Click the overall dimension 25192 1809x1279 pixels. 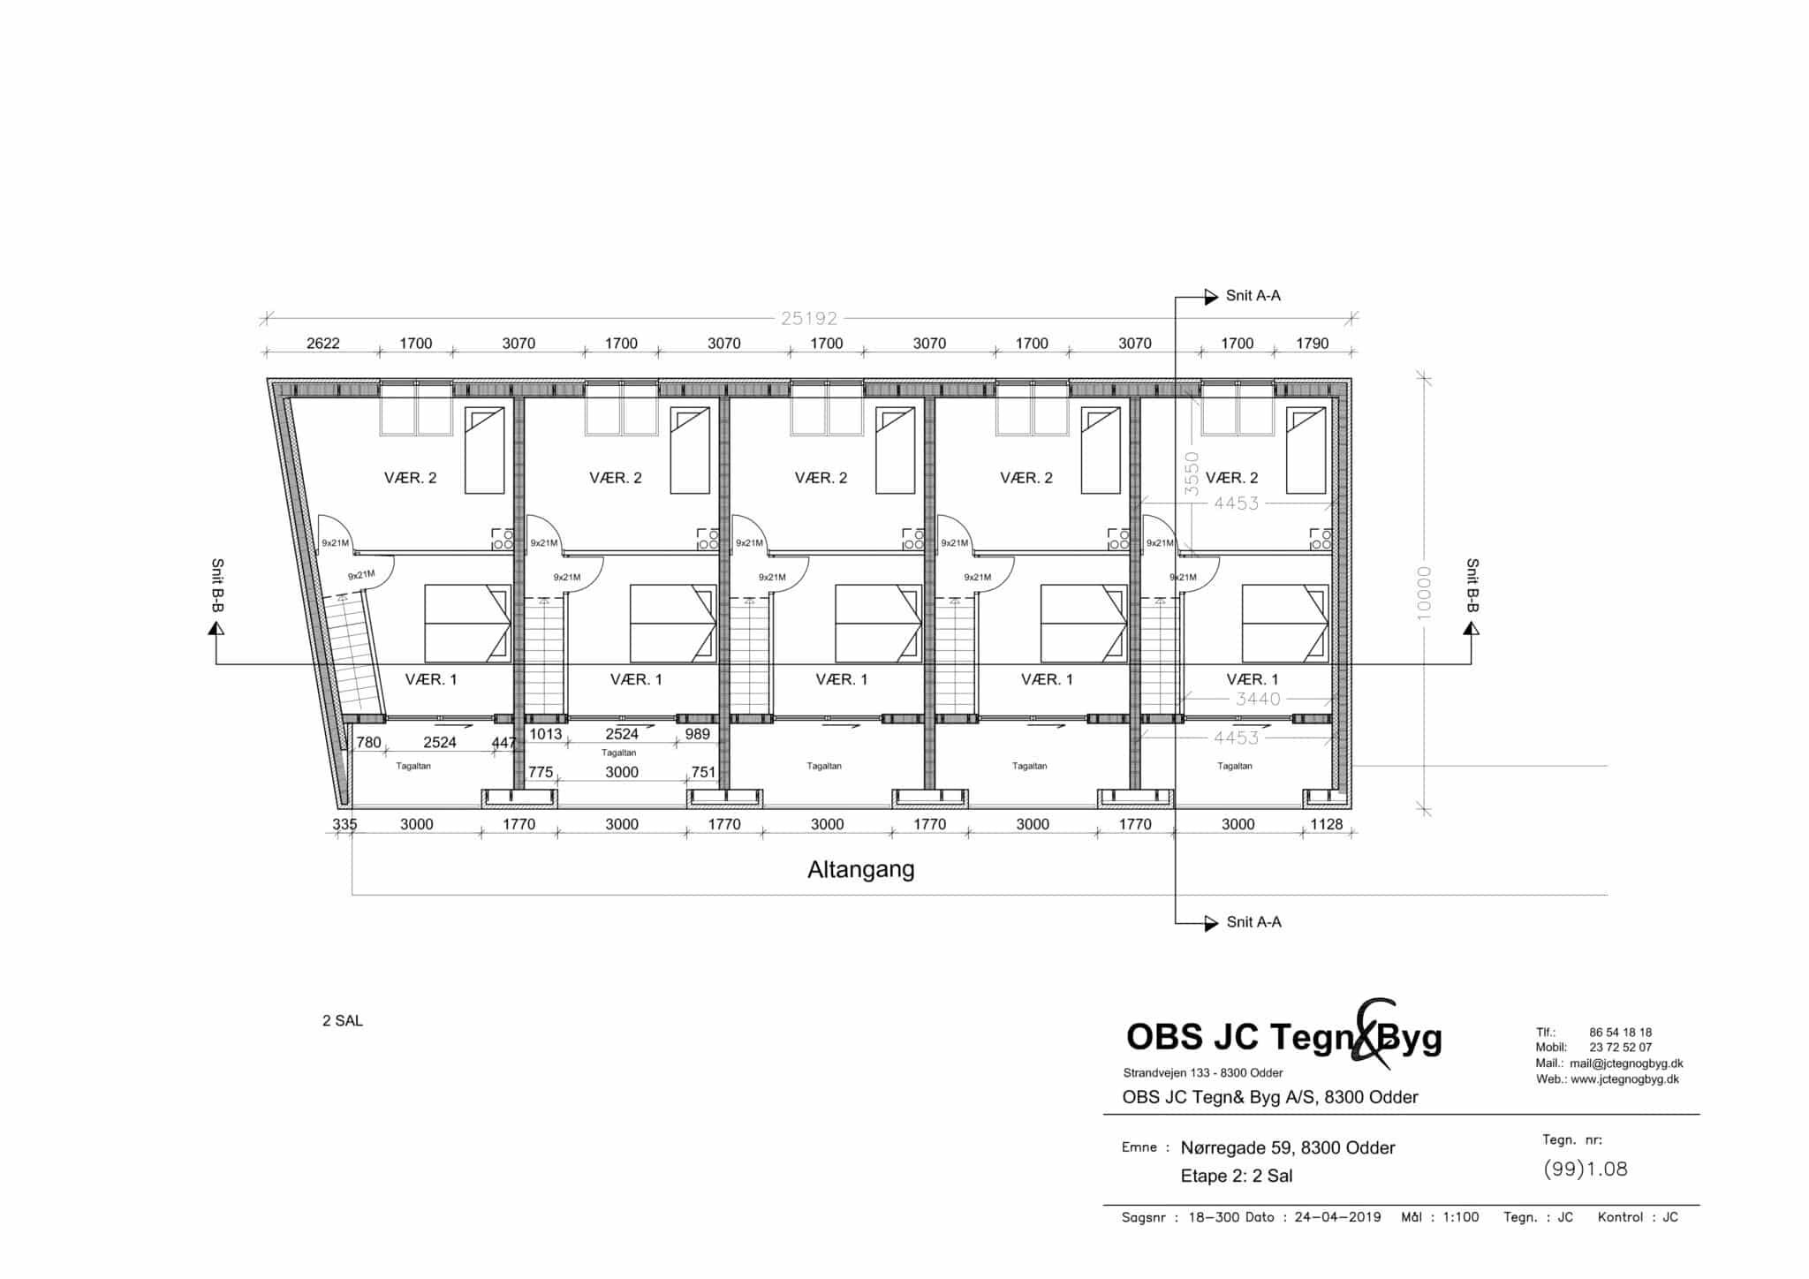tap(809, 318)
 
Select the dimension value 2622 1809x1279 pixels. tap(323, 344)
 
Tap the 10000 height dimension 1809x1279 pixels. tap(1423, 594)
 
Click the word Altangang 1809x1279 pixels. tap(861, 870)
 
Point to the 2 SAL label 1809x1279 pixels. tap(343, 1021)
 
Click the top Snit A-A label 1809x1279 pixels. tap(1253, 296)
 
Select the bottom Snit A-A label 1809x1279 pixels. tap(1254, 922)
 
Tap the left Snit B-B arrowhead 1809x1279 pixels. tap(216, 627)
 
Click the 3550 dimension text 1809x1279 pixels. tap(1192, 473)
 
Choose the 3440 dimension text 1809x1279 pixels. tap(1259, 700)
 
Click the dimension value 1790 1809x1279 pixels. tap(1313, 344)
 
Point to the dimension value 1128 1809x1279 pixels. tap(1327, 824)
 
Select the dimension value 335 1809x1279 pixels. tap(344, 824)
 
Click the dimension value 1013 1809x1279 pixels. tap(546, 734)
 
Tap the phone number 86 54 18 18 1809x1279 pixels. tap(1621, 1032)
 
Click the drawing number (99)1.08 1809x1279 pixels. tap(1585, 1169)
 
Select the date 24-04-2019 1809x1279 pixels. tap(1337, 1217)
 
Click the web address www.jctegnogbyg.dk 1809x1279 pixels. tap(1625, 1079)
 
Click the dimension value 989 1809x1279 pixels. tap(698, 734)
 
